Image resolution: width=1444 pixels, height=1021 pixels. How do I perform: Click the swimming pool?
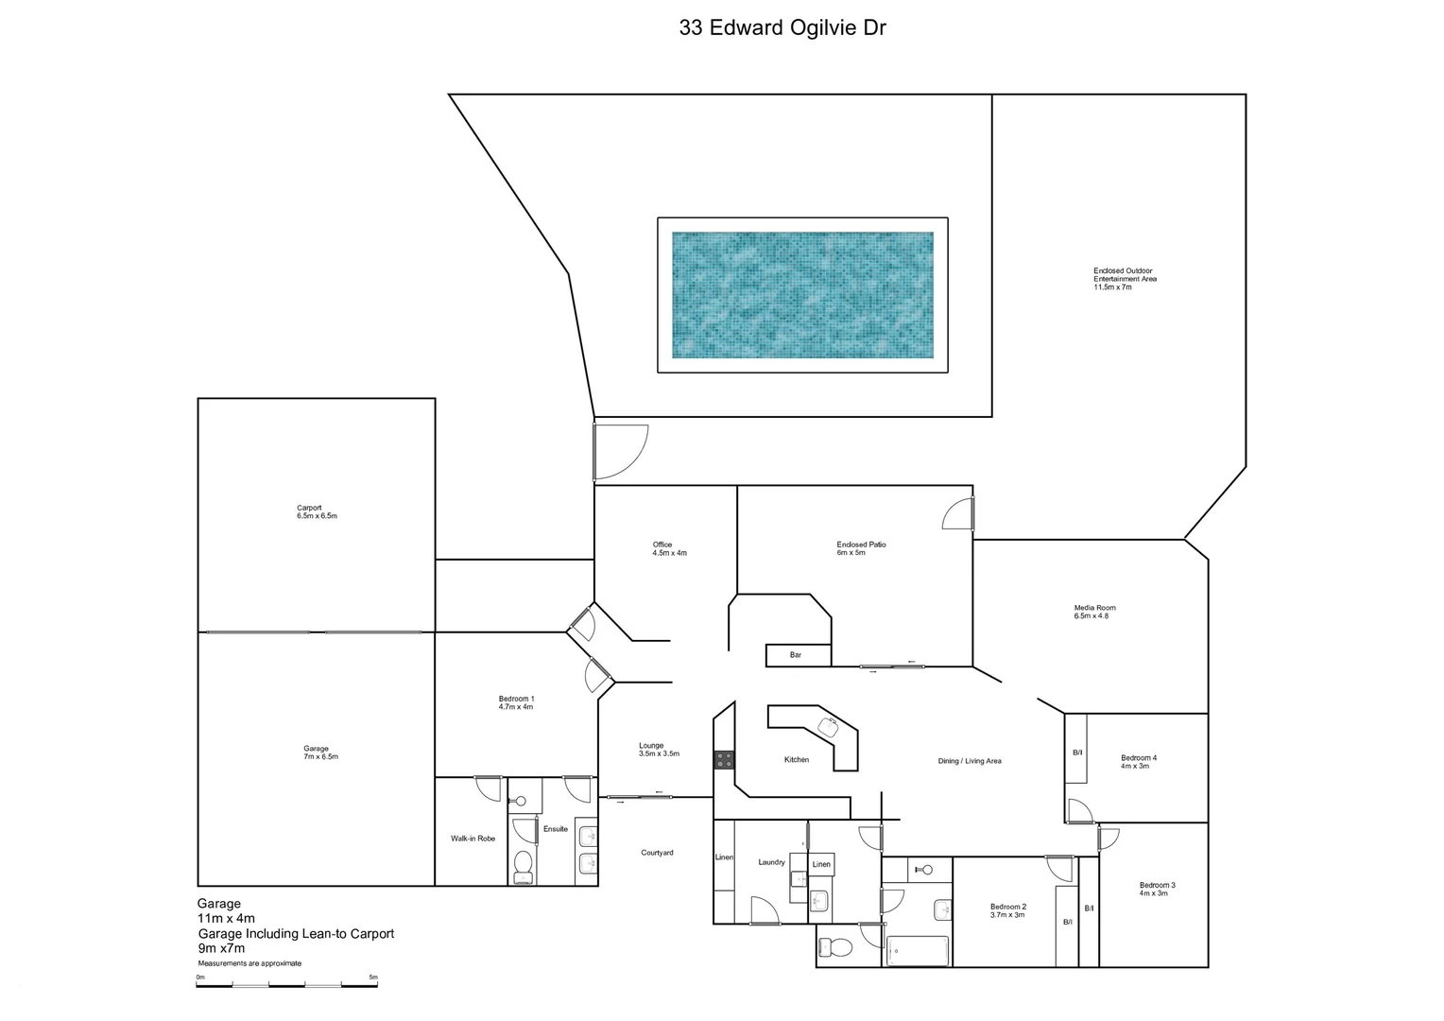[x=802, y=295]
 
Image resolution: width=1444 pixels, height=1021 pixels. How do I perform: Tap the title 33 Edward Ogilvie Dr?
[x=782, y=27]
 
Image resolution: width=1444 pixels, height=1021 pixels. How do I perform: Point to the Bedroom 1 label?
[x=516, y=702]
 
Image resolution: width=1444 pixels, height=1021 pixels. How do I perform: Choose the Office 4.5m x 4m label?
[x=669, y=548]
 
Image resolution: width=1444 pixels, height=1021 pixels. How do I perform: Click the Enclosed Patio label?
[x=861, y=548]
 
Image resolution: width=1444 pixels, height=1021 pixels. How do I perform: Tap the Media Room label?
[x=1094, y=612]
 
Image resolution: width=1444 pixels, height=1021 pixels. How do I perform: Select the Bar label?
[x=796, y=655]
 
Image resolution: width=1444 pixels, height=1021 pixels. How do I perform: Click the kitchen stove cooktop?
[x=724, y=759]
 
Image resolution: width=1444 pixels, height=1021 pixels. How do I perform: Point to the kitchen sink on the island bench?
[x=830, y=725]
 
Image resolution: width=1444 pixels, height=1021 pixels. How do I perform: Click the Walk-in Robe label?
[x=473, y=839]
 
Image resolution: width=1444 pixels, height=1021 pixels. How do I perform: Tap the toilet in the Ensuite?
[x=523, y=866]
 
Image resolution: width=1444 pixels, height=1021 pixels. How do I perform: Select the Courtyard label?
[x=657, y=853]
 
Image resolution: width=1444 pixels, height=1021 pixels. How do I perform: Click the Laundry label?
[x=771, y=862]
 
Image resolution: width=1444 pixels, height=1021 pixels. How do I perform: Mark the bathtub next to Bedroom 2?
[x=917, y=950]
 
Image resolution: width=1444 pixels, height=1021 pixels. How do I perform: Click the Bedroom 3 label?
[x=1157, y=889]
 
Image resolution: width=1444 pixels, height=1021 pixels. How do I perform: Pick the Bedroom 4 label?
[x=1138, y=761]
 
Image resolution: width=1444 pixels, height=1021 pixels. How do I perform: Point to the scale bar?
[x=286, y=985]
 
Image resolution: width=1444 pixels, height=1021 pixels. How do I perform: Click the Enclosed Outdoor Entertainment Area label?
[x=1125, y=279]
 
